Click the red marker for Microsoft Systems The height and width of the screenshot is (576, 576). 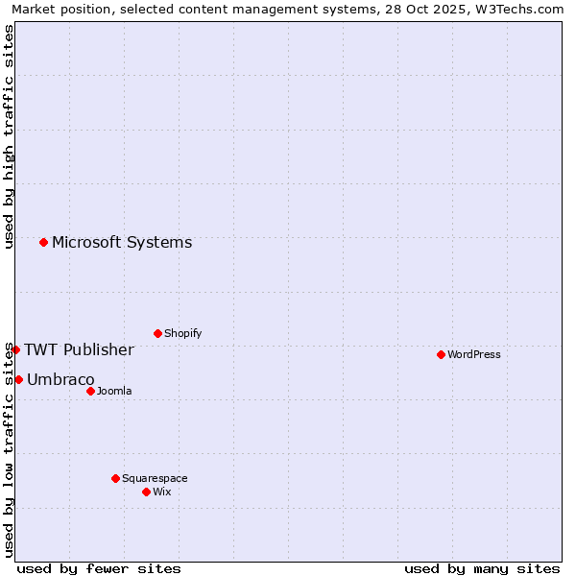tap(43, 242)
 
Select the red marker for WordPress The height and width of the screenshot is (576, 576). tap(441, 354)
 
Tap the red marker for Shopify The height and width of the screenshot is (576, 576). tap(157, 333)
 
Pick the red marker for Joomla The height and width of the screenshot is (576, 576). tap(90, 391)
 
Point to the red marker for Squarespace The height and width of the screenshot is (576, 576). tap(115, 478)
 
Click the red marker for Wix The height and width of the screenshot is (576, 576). tap(146, 492)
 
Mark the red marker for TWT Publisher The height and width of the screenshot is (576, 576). tap(15, 349)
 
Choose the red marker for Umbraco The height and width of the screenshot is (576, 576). tap(18, 379)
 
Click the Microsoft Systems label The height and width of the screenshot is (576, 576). tap(122, 242)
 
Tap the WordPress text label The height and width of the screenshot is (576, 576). tap(474, 354)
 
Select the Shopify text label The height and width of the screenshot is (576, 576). tap(182, 333)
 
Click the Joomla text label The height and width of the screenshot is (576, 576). tap(114, 391)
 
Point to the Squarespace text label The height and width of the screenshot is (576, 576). tap(155, 478)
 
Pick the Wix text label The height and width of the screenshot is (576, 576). tap(162, 492)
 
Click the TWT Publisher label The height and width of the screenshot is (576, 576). tap(79, 349)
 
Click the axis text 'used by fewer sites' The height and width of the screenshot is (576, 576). tap(99, 568)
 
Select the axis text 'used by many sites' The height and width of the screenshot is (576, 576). tap(482, 568)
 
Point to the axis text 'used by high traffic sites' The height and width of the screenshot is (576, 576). tap(9, 136)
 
